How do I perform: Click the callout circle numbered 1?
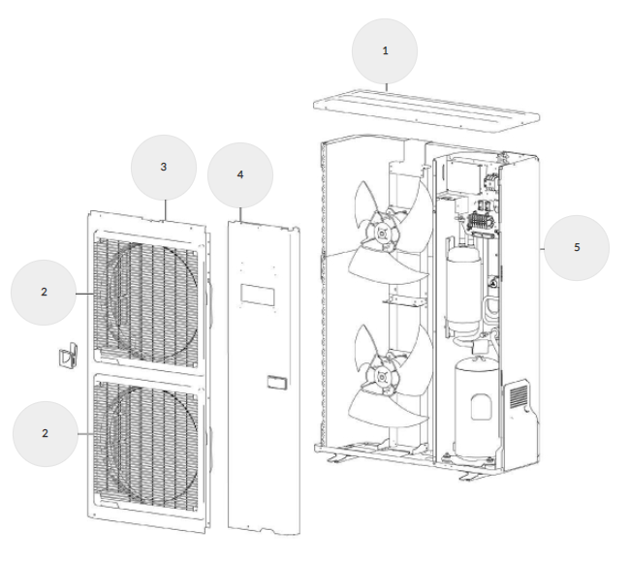pyautogui.click(x=385, y=50)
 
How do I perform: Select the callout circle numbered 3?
pyautogui.click(x=164, y=167)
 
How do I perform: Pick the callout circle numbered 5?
pyautogui.click(x=576, y=247)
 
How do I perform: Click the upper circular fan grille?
pyautogui.click(x=150, y=294)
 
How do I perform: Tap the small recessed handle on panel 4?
pyautogui.click(x=275, y=380)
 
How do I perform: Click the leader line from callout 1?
pyautogui.click(x=386, y=86)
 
